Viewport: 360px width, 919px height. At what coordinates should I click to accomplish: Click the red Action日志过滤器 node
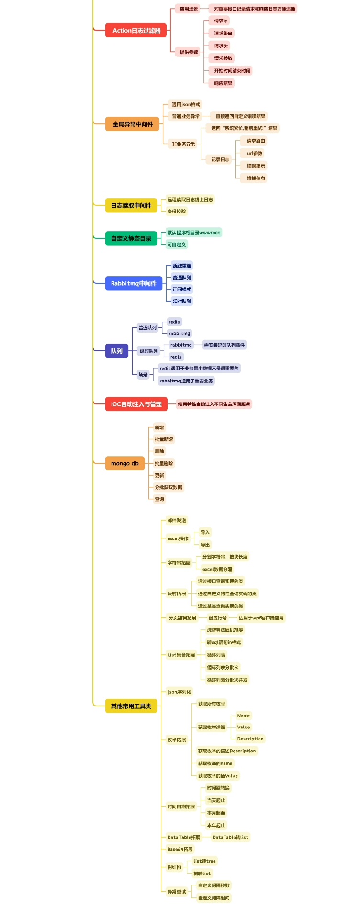pos(136,30)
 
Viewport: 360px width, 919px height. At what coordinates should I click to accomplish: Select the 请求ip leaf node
pos(221,21)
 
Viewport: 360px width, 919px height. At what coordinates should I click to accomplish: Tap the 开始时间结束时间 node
pos(232,70)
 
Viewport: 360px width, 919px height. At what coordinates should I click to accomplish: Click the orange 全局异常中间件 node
pos(133,124)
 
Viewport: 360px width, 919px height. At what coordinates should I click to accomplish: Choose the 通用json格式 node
pos(186,104)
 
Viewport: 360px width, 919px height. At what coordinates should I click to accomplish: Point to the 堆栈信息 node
pos(256,178)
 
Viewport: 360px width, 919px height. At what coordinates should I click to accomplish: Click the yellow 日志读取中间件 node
pos(131,205)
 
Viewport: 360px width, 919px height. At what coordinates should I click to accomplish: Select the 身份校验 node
pos(176,211)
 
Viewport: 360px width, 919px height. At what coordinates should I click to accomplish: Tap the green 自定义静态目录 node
pos(131,238)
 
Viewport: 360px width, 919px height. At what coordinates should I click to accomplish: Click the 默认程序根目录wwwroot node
pos(193,232)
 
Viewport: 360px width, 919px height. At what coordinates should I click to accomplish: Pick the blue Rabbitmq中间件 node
pos(134,283)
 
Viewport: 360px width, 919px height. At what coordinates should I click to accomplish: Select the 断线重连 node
pos(181,266)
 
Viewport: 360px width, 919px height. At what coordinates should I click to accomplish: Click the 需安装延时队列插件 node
pos(224,345)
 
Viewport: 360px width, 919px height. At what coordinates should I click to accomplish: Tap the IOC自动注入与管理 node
pos(136,404)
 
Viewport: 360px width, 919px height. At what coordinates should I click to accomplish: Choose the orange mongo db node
pos(125,463)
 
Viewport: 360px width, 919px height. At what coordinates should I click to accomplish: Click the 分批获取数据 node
pos(168,487)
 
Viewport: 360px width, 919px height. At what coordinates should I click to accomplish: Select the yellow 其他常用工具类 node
pos(131,706)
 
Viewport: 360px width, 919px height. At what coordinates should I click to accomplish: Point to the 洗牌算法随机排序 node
pos(225,630)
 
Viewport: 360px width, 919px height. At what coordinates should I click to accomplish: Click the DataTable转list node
pos(230,837)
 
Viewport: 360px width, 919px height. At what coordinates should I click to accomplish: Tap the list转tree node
pos(204,861)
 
